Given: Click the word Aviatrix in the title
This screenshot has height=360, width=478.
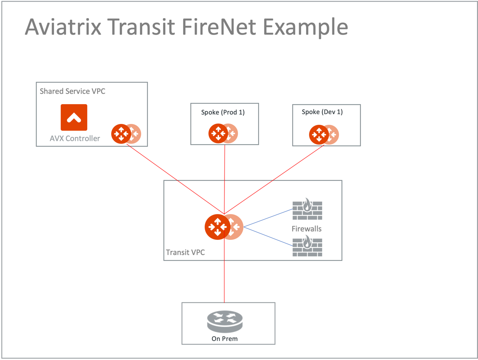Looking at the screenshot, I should pyautogui.click(x=63, y=27).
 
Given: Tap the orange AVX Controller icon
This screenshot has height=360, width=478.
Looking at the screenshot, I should pyautogui.click(x=74, y=117).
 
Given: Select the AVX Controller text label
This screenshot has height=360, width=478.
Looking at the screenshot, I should pyautogui.click(x=75, y=138).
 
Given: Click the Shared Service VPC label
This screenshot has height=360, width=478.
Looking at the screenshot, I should pyautogui.click(x=72, y=91).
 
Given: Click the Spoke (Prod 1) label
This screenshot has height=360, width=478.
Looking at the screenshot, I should pyautogui.click(x=223, y=112).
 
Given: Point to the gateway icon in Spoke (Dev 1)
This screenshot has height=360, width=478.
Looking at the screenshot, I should pyautogui.click(x=320, y=134).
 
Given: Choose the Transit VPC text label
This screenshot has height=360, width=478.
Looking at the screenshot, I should pyautogui.click(x=185, y=253).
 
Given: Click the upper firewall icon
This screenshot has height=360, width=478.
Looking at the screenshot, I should pyautogui.click(x=307, y=209).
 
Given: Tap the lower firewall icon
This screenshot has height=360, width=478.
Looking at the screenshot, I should pyautogui.click(x=307, y=246).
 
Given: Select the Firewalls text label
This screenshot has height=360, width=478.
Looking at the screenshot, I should pyautogui.click(x=307, y=229).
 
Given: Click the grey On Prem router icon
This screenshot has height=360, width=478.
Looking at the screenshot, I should pyautogui.click(x=225, y=322).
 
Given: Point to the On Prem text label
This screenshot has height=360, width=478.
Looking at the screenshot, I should pyautogui.click(x=224, y=339).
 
